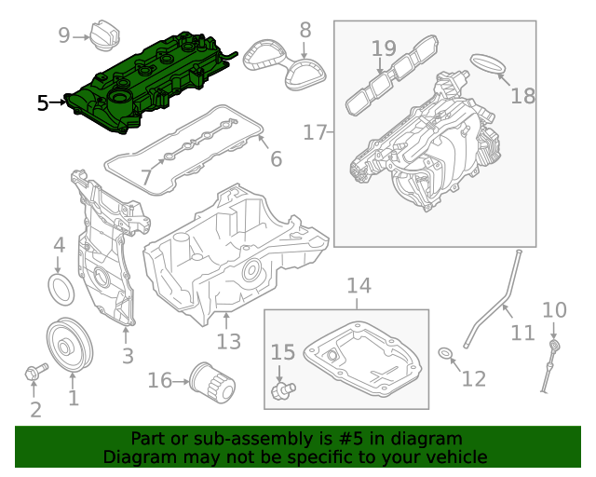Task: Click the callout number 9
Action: click(64, 35)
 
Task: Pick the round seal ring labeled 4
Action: click(60, 289)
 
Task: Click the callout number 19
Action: click(384, 48)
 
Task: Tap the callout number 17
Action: click(316, 133)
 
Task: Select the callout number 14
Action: click(359, 285)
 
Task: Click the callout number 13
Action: click(229, 342)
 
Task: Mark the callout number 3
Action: click(128, 355)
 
